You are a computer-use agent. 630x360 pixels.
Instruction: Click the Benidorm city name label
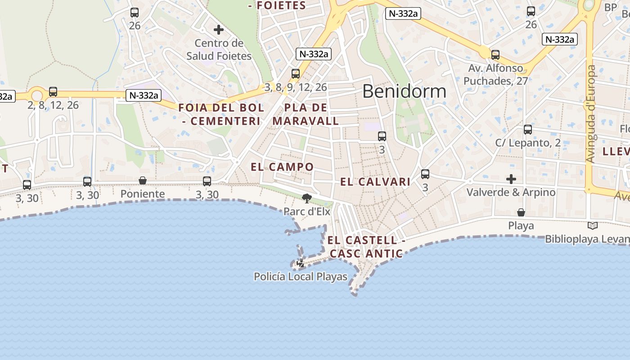click(x=404, y=91)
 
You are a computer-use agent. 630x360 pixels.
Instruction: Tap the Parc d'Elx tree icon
click(x=307, y=198)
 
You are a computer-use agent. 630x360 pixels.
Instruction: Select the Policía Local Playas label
click(x=301, y=276)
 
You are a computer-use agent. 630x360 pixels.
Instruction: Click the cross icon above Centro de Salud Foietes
click(x=219, y=30)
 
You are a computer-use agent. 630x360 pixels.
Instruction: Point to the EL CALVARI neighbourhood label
click(x=375, y=182)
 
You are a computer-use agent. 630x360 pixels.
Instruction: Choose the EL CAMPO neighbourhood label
click(x=282, y=167)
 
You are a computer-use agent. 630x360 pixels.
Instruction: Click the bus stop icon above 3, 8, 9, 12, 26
click(x=296, y=73)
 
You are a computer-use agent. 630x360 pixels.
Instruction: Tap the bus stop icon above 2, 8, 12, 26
click(x=53, y=92)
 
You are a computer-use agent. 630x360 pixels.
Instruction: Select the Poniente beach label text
click(x=143, y=194)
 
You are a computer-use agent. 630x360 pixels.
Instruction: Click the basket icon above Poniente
click(x=143, y=180)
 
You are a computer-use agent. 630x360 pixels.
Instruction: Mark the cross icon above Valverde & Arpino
click(x=511, y=179)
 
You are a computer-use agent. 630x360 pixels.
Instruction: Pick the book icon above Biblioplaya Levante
click(x=593, y=225)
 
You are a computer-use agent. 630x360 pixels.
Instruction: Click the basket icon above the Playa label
click(x=521, y=212)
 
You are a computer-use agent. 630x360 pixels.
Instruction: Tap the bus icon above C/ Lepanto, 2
click(x=528, y=130)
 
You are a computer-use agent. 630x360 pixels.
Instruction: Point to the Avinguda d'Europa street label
click(x=591, y=113)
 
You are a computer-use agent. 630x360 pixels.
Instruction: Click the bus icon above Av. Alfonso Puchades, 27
click(x=495, y=55)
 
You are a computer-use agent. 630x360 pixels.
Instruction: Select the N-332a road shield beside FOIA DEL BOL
click(x=144, y=95)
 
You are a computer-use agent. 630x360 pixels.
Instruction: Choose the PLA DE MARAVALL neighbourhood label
click(x=306, y=114)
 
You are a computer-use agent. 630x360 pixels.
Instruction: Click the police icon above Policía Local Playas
click(x=301, y=263)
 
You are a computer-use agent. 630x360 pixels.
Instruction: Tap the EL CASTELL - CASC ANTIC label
click(x=366, y=247)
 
